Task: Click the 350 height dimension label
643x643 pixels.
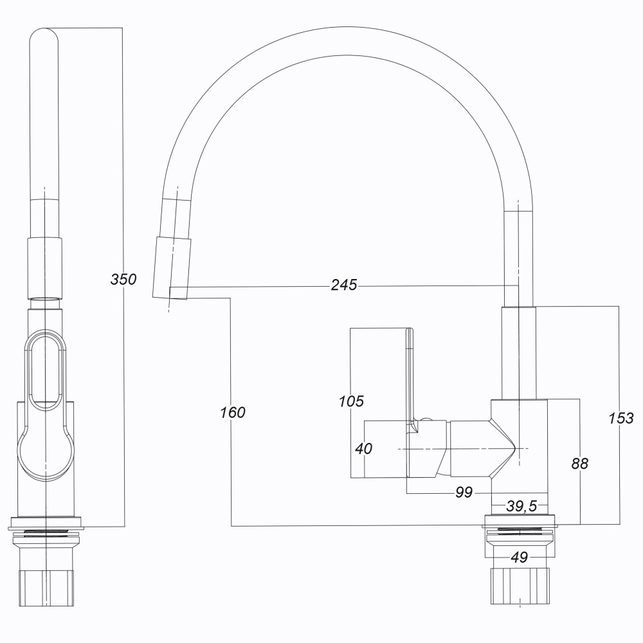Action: click(123, 280)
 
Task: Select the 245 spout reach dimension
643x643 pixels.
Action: click(344, 285)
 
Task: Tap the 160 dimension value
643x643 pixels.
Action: click(232, 412)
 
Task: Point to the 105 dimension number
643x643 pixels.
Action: click(351, 402)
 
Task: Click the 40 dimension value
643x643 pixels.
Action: click(363, 449)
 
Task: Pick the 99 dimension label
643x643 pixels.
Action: click(463, 493)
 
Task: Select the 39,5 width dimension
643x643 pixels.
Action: click(521, 507)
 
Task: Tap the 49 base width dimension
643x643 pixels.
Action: click(519, 557)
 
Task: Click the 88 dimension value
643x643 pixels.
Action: click(579, 464)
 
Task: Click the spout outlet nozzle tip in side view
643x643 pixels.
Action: click(172, 267)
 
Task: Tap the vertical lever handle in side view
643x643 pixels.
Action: click(410, 373)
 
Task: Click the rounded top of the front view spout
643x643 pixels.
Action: click(45, 39)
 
